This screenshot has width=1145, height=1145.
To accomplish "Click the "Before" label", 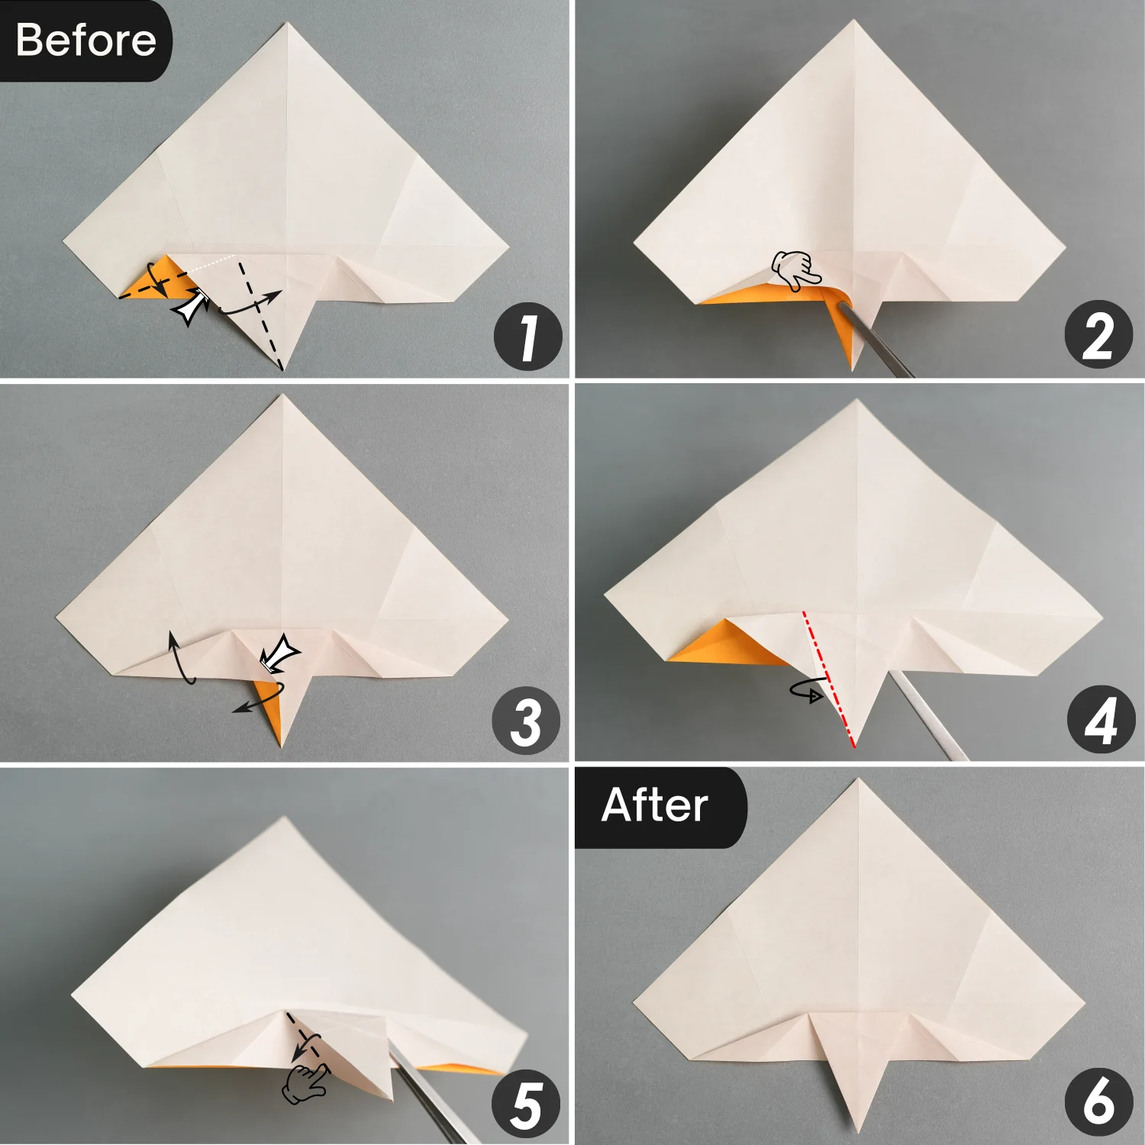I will pos(85,40).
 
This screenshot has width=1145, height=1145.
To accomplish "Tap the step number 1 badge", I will pos(527,337).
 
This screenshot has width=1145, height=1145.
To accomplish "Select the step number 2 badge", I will pos(1098,335).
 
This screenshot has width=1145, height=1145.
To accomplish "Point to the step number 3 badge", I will pos(526,721).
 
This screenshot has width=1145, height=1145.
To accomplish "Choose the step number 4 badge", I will pos(1100,720).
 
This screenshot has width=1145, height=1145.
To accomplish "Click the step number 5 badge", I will pos(526,1104).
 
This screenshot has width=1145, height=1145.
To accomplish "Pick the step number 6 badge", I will pos(1098,1101).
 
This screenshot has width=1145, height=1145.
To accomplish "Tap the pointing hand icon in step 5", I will pos(305,1083).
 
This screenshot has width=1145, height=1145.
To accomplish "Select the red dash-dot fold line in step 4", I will pos(829,679).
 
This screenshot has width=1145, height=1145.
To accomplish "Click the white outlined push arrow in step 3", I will pos(280,653).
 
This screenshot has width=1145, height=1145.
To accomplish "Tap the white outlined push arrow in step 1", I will pos(192,307).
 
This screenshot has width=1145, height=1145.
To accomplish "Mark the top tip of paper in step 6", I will pos(858,780).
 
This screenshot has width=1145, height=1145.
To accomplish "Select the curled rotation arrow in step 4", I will pos(808,691).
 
